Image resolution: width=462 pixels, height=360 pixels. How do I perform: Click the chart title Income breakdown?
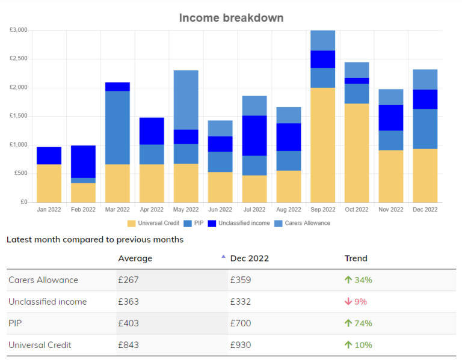[x=231, y=18]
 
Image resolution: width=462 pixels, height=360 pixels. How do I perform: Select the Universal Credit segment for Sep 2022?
[x=322, y=145]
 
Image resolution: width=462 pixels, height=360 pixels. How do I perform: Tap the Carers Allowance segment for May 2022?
[x=185, y=100]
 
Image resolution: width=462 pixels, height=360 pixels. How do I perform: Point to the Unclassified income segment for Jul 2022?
[x=254, y=135]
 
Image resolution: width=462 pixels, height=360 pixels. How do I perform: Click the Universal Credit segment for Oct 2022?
[x=357, y=153]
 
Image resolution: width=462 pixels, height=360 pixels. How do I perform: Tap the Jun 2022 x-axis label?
[x=220, y=210]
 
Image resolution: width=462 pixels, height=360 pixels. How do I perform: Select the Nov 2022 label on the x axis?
[x=391, y=210]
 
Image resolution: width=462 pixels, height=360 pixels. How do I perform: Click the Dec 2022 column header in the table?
[x=249, y=258]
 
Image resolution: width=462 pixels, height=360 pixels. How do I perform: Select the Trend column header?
[x=356, y=258]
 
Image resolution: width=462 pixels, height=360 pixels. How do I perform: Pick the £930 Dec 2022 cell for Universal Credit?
[x=241, y=345]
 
